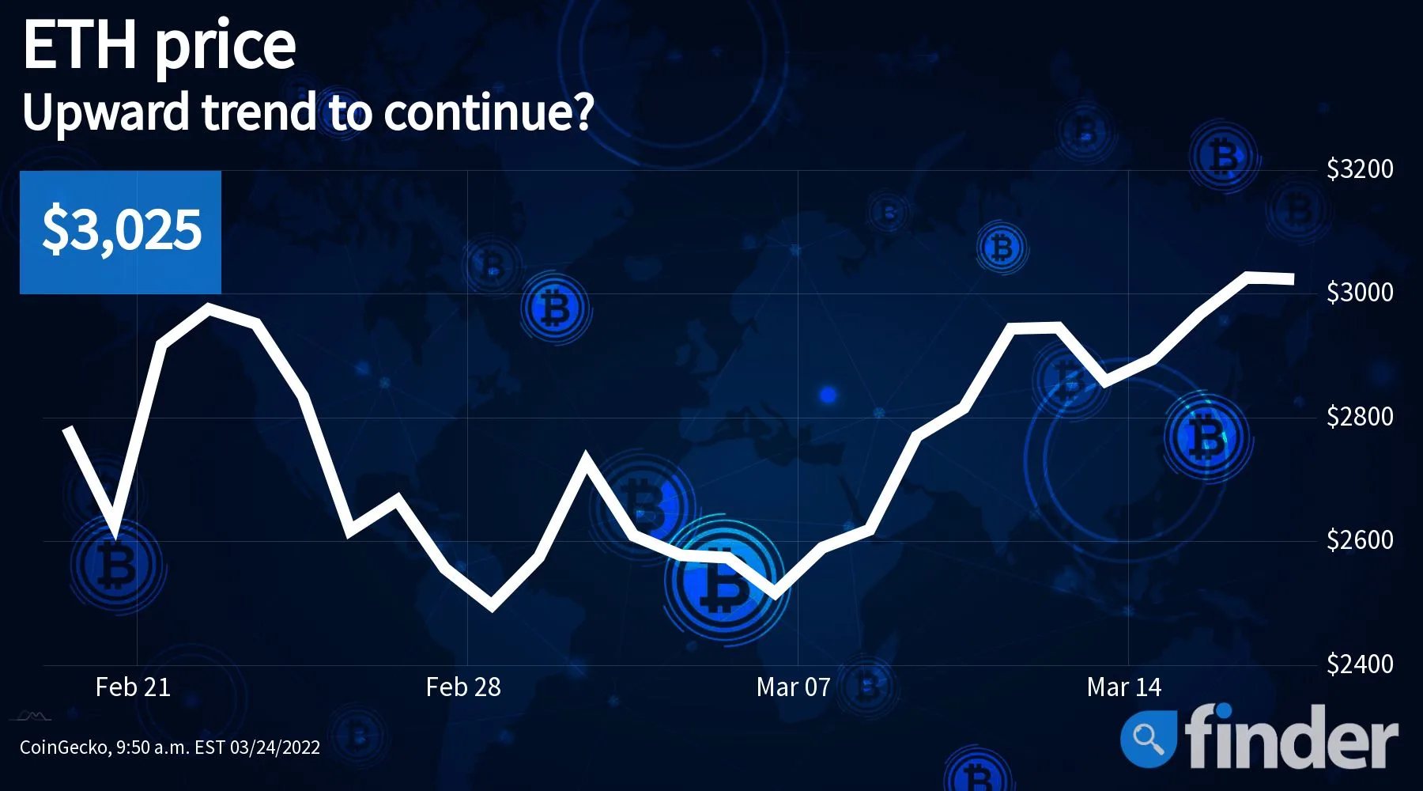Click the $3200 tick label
(x=1360, y=169)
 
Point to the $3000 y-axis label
(x=1360, y=293)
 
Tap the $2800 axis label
(x=1360, y=417)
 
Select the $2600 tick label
(x=1360, y=540)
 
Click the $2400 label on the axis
(x=1360, y=664)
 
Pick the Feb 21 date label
(x=133, y=687)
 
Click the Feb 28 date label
(x=463, y=687)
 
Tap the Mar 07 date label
(x=794, y=687)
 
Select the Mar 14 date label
(x=1124, y=687)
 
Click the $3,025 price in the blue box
(x=122, y=230)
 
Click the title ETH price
(x=159, y=46)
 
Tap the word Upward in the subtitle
(x=106, y=112)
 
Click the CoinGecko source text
(x=66, y=747)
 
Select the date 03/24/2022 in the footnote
(x=275, y=747)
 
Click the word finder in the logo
(x=1291, y=736)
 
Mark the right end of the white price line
(x=1293, y=278)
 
